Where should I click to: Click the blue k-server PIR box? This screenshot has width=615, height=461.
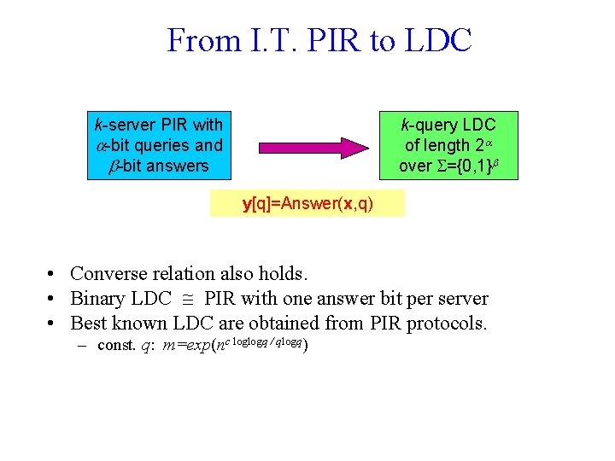coord(158,144)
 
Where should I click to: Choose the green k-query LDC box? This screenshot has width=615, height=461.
coord(448,144)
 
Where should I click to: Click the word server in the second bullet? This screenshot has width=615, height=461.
coord(462,299)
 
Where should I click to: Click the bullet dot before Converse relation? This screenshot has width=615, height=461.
coord(53,274)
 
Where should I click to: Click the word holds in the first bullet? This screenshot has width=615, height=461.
coord(282,274)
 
